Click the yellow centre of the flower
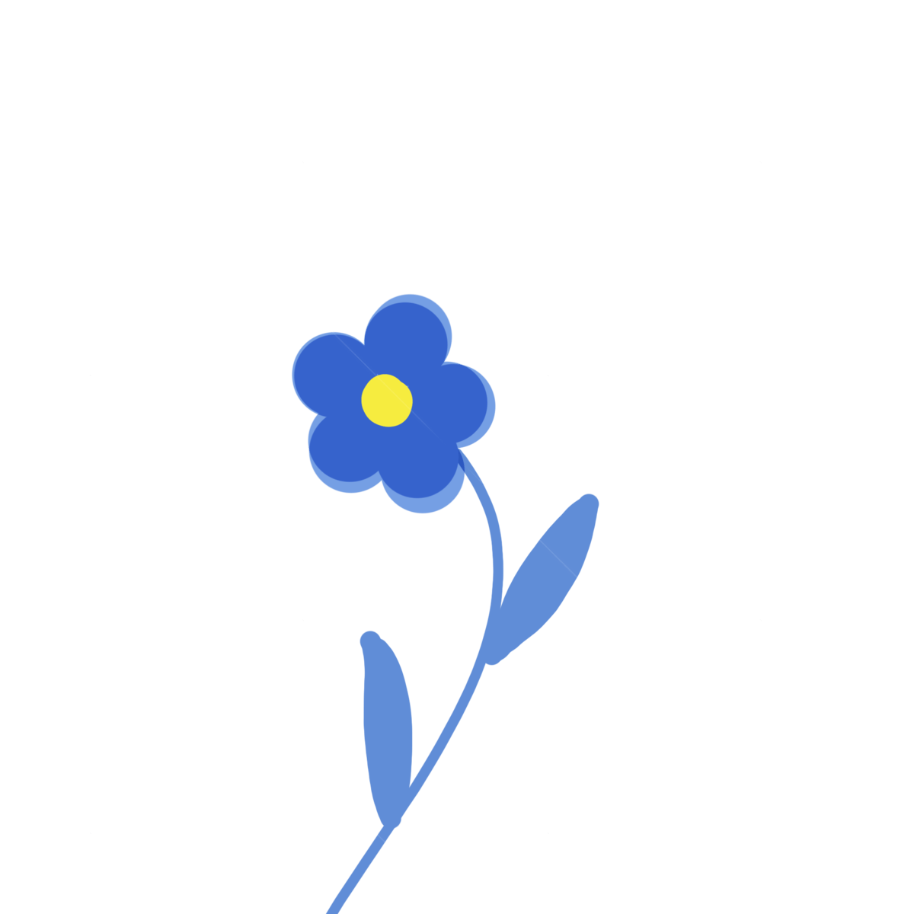[x=387, y=399]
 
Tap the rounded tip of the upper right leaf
[x=588, y=503]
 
